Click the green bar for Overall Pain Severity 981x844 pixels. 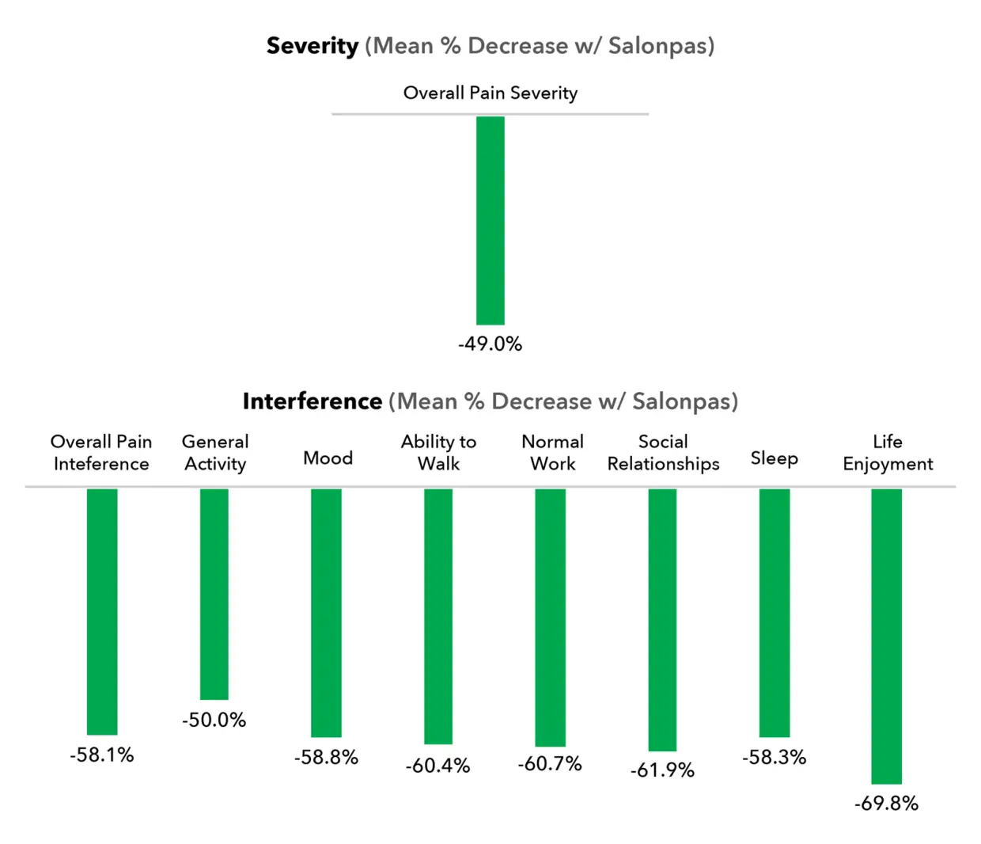pyautogui.click(x=490, y=220)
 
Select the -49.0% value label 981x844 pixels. pyautogui.click(x=490, y=344)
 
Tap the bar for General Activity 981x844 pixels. pyautogui.click(x=214, y=594)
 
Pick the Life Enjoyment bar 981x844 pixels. pyautogui.click(x=886, y=636)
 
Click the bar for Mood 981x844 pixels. pyautogui.click(x=326, y=612)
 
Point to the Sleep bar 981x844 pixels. pyautogui.click(x=774, y=612)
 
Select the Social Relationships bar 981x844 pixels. pyautogui.click(x=662, y=619)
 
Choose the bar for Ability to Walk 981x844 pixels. pyautogui.click(x=438, y=616)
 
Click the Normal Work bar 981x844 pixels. pyautogui.click(x=550, y=617)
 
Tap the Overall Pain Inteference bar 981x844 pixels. pyautogui.click(x=102, y=611)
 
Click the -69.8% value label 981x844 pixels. pyautogui.click(x=886, y=804)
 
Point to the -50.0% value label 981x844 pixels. pyautogui.click(x=214, y=720)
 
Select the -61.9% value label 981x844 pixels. pyautogui.click(x=662, y=770)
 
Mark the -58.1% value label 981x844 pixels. pyautogui.click(x=102, y=755)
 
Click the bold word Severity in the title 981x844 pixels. pyautogui.click(x=312, y=46)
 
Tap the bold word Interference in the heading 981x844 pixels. pyautogui.click(x=312, y=401)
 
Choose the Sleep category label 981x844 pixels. pyautogui.click(x=774, y=458)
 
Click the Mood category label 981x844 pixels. pyautogui.click(x=328, y=458)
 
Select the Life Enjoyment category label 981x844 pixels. pyautogui.click(x=888, y=453)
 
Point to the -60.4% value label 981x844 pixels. pyautogui.click(x=437, y=766)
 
